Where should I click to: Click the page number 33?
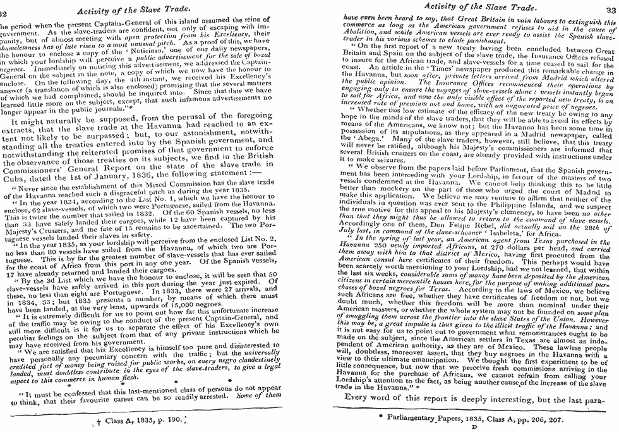(x=607, y=8)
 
